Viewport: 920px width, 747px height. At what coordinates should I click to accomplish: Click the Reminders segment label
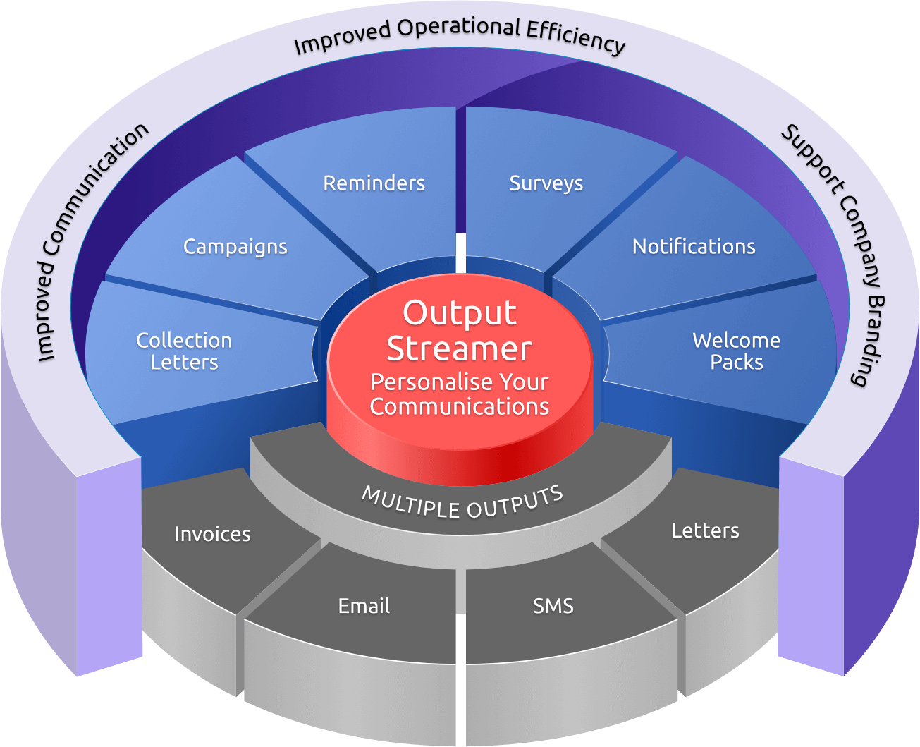tap(374, 183)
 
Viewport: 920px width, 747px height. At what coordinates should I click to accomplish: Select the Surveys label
tap(546, 183)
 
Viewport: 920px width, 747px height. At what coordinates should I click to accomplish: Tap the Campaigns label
tap(235, 247)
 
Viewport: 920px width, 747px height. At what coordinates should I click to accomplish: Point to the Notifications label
tap(694, 247)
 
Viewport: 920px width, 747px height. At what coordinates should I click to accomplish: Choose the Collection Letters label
tap(184, 351)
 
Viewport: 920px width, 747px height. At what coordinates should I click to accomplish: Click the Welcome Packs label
tap(737, 351)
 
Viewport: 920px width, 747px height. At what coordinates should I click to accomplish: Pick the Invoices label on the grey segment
tap(212, 534)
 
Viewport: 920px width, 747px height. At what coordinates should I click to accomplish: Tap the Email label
tap(364, 606)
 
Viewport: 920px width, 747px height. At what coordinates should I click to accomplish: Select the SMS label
tap(553, 606)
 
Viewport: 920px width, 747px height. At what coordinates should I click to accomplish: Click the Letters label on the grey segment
tap(705, 530)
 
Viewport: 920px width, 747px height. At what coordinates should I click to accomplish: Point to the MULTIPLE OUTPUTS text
tap(462, 502)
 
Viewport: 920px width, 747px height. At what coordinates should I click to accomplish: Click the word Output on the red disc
tap(460, 313)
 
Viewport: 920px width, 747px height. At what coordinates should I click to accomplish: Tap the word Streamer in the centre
tap(460, 348)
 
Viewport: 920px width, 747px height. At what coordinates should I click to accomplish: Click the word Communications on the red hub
tap(460, 406)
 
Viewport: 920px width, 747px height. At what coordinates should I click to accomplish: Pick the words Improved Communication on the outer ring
tap(92, 240)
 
